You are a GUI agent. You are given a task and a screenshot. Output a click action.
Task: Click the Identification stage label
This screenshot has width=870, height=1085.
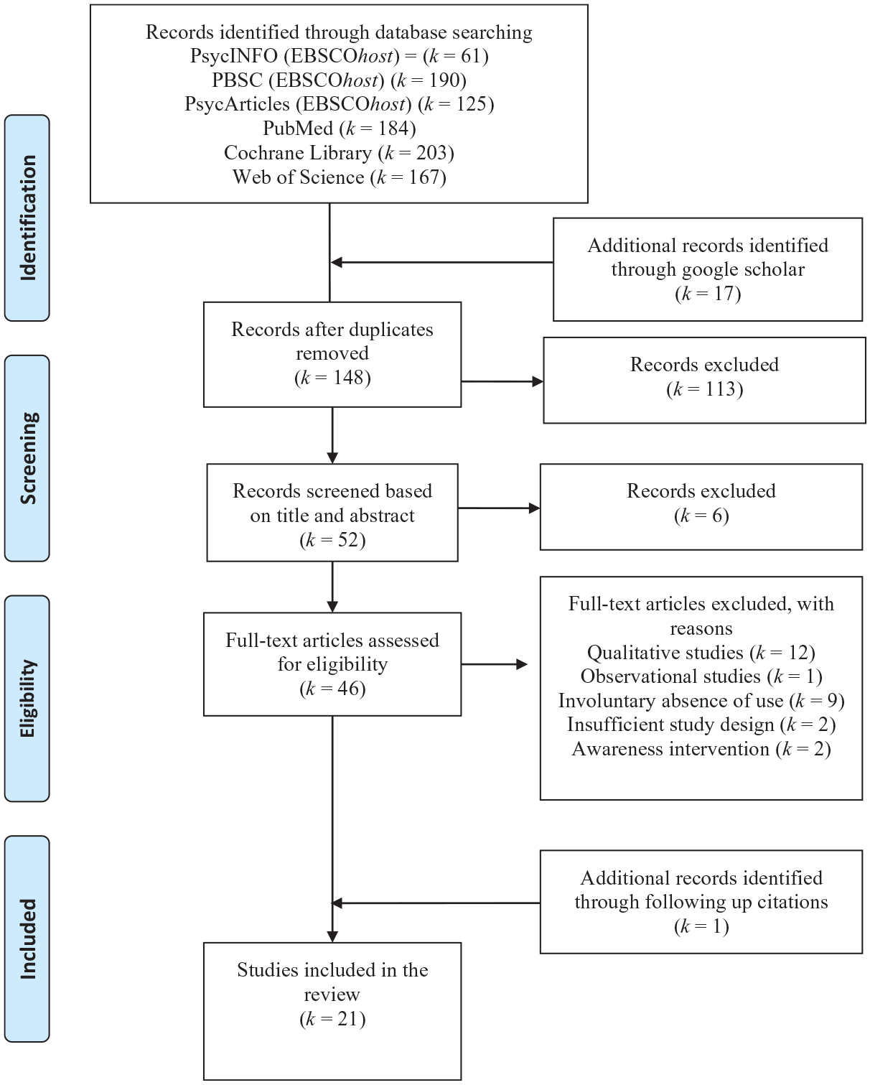click(x=27, y=218)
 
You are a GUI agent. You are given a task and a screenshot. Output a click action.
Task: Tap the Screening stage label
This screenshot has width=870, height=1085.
click(x=27, y=458)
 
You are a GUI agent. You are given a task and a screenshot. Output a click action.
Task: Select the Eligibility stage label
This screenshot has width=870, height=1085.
click(x=27, y=698)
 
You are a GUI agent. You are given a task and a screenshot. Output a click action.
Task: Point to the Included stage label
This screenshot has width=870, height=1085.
click(x=27, y=939)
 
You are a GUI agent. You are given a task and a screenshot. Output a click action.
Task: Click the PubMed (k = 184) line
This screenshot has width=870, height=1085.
click(x=340, y=129)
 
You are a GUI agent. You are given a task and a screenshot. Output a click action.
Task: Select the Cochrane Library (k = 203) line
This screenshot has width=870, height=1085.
click(x=340, y=153)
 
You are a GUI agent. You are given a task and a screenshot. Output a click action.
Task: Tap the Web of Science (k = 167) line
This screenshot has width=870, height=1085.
click(x=340, y=177)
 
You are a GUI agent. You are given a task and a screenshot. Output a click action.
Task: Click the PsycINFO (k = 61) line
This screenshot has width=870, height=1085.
click(x=340, y=56)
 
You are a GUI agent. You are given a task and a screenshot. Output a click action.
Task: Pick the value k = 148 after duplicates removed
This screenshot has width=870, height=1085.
click(x=332, y=378)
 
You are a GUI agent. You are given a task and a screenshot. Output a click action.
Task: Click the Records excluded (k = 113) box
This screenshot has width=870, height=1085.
click(x=704, y=380)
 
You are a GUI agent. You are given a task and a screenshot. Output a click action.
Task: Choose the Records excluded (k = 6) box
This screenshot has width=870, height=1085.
click(x=701, y=507)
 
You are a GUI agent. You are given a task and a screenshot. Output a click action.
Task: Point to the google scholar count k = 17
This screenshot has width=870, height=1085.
click(x=708, y=294)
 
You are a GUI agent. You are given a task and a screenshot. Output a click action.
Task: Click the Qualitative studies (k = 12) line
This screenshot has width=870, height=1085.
click(x=701, y=653)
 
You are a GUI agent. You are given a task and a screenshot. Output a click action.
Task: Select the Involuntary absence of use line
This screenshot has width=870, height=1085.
click(x=701, y=701)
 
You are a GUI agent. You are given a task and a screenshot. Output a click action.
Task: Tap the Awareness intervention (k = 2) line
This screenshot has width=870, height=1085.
click(x=701, y=749)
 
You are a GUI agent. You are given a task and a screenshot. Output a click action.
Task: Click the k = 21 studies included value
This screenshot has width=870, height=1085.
click(x=332, y=1019)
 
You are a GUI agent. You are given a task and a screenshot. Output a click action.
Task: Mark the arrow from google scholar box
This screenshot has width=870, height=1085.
click(x=442, y=262)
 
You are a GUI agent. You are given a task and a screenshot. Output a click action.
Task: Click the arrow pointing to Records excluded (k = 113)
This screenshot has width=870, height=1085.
click(x=502, y=382)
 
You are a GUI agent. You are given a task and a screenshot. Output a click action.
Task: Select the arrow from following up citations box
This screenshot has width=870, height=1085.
click(x=436, y=903)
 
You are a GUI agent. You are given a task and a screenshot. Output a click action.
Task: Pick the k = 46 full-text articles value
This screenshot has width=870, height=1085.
click(x=332, y=689)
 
